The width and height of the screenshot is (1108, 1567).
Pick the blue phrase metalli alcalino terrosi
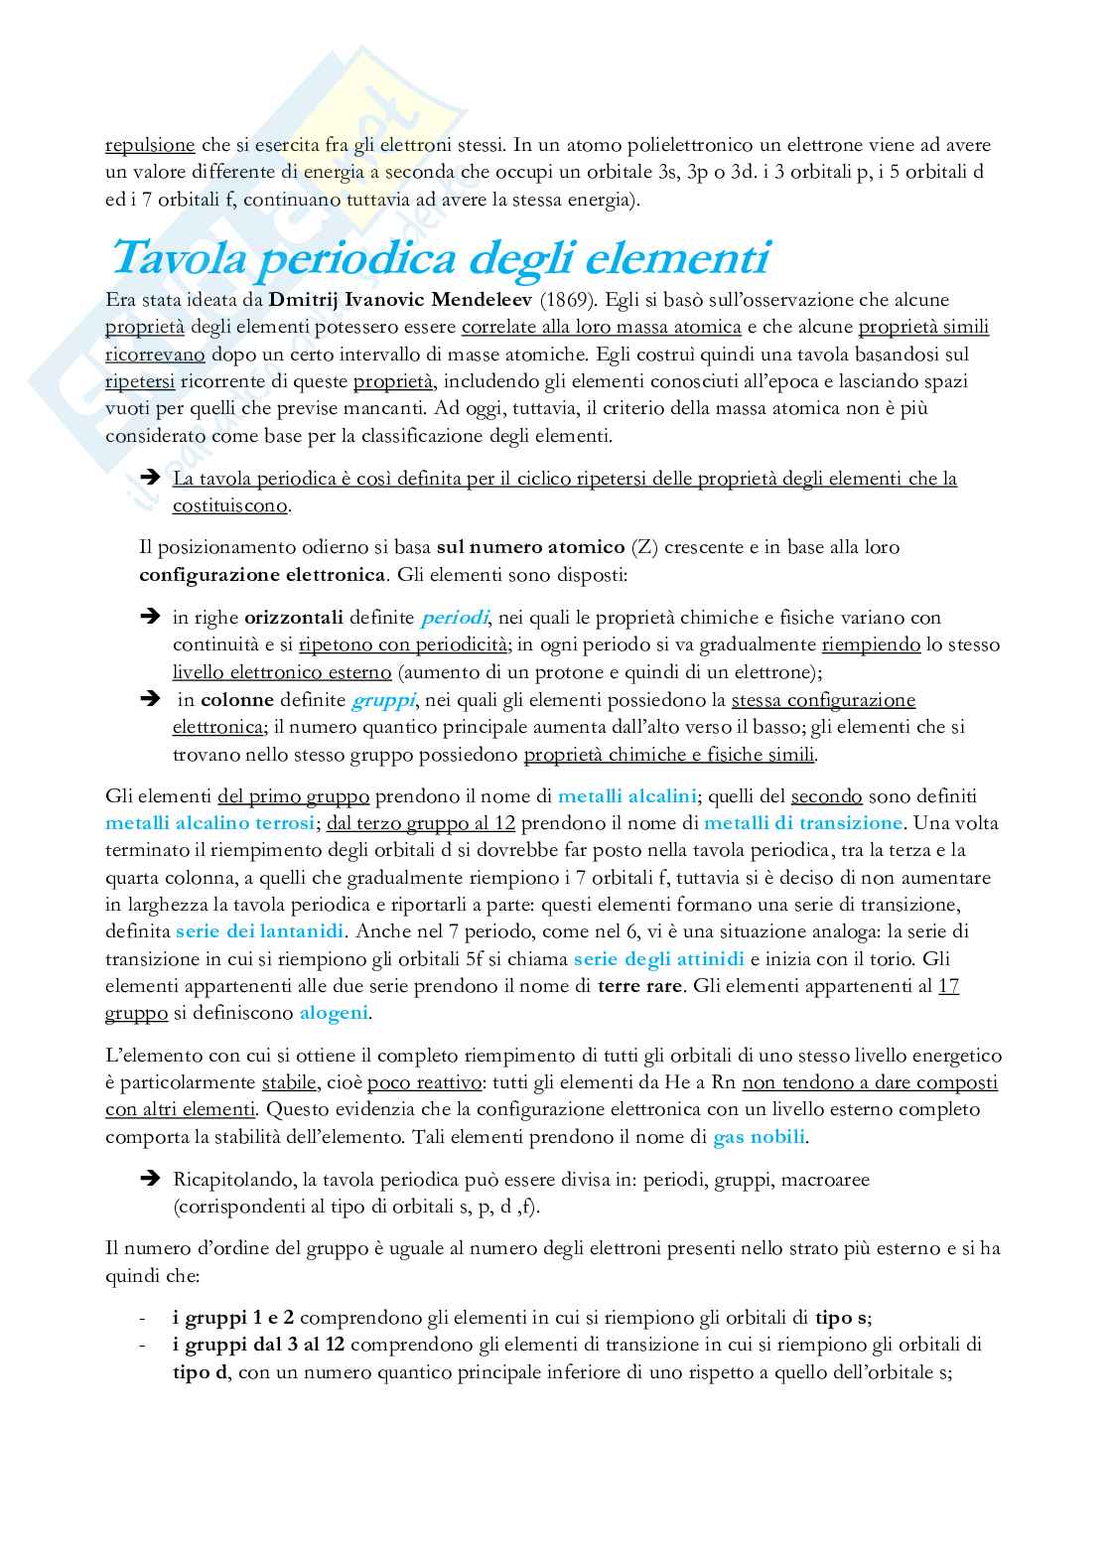point(210,823)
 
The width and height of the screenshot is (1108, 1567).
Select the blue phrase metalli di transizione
point(803,823)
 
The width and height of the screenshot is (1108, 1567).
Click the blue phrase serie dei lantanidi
point(260,932)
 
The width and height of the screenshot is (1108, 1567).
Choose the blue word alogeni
point(334,1014)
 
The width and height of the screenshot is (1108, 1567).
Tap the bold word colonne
point(237,700)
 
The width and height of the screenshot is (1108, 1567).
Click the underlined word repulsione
point(150,144)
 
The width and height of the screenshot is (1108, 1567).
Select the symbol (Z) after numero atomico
point(644,547)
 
